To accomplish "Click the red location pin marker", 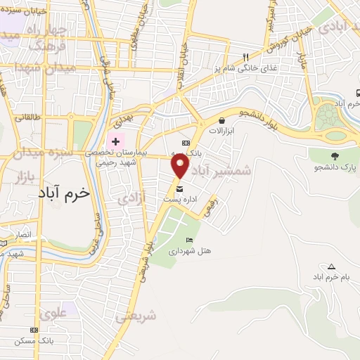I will [x=181, y=166].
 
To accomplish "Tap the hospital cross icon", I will [x=115, y=141].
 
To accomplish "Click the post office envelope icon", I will [x=179, y=189].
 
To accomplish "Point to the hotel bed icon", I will [x=189, y=240].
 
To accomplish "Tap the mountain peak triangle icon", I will [x=331, y=266].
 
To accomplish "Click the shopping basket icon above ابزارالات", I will [x=222, y=121].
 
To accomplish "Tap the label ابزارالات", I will [x=222, y=131].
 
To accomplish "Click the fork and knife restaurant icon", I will [x=245, y=57].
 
